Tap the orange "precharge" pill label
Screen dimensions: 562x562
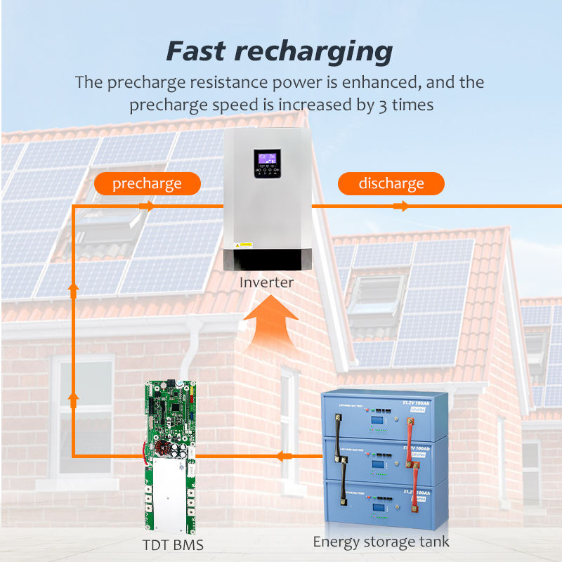(x=147, y=184)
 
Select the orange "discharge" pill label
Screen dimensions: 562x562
(x=391, y=184)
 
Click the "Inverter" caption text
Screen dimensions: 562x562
(x=266, y=282)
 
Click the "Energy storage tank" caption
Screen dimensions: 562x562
(x=381, y=542)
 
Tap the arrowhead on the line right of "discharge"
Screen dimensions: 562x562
(x=404, y=206)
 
